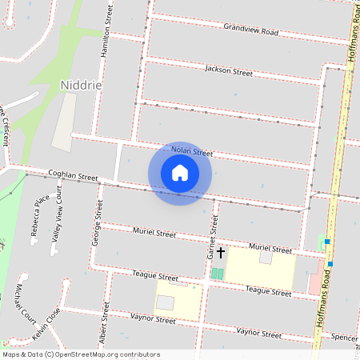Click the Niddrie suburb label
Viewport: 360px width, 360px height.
pos(80,84)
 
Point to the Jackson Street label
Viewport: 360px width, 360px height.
pos(228,71)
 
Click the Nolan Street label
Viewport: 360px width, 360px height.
pos(192,151)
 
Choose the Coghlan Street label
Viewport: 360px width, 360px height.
pos(73,175)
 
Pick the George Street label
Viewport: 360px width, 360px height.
pos(98,226)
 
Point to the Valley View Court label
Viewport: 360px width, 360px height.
pos(56,224)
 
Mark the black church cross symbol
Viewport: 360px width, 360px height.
pos(221,253)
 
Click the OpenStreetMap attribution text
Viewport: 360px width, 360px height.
pos(81,354)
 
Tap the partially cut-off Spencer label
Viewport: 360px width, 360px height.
pos(343,337)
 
